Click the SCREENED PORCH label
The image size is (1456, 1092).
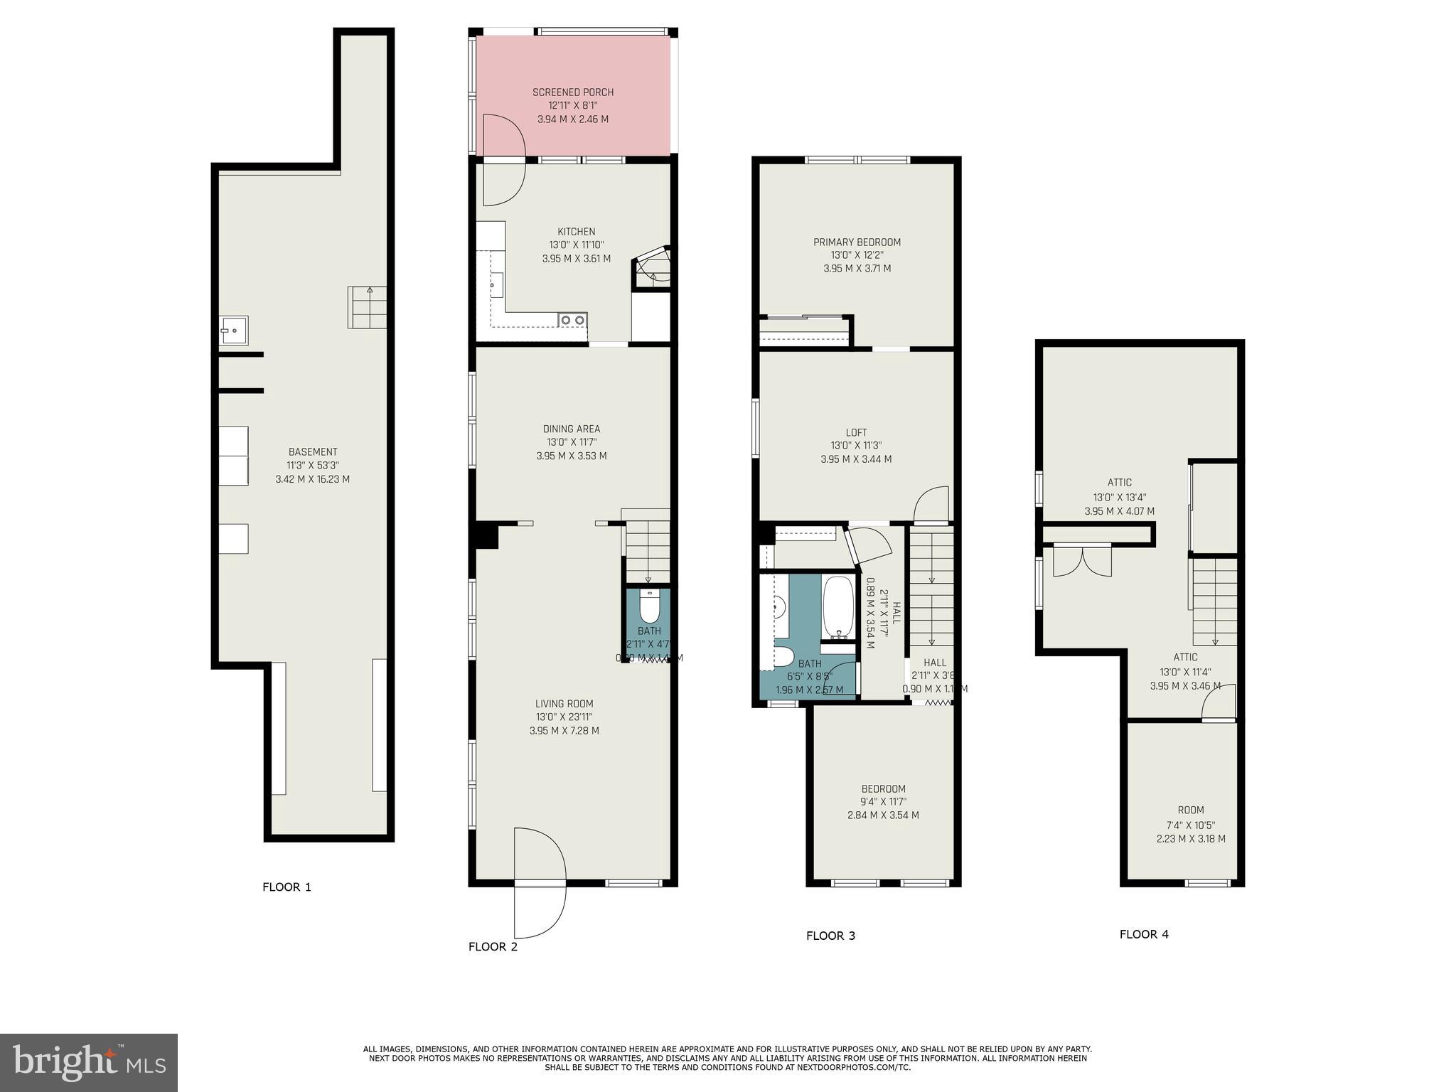pyautogui.click(x=573, y=92)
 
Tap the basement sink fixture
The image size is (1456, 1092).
pyautogui.click(x=233, y=331)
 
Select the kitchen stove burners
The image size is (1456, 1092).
pyautogui.click(x=572, y=320)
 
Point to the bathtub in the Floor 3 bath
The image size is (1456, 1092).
pyautogui.click(x=838, y=609)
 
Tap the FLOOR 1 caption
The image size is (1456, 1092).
pyautogui.click(x=287, y=887)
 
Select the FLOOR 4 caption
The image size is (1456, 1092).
pyautogui.click(x=1144, y=934)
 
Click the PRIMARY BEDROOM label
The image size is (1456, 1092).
pyautogui.click(x=857, y=242)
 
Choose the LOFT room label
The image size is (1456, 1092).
pyautogui.click(x=856, y=432)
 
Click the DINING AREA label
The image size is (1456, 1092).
pyautogui.click(x=572, y=429)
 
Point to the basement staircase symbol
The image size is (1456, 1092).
pyautogui.click(x=368, y=307)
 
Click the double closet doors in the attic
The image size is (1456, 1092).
pyautogui.click(x=1081, y=560)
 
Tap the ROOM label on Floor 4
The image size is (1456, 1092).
pyautogui.click(x=1190, y=810)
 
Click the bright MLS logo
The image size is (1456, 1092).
pyautogui.click(x=89, y=1062)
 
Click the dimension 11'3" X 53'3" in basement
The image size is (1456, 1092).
pyautogui.click(x=313, y=466)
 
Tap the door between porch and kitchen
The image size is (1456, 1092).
pyautogui.click(x=503, y=160)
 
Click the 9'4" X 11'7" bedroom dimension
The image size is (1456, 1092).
pyautogui.click(x=883, y=802)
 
